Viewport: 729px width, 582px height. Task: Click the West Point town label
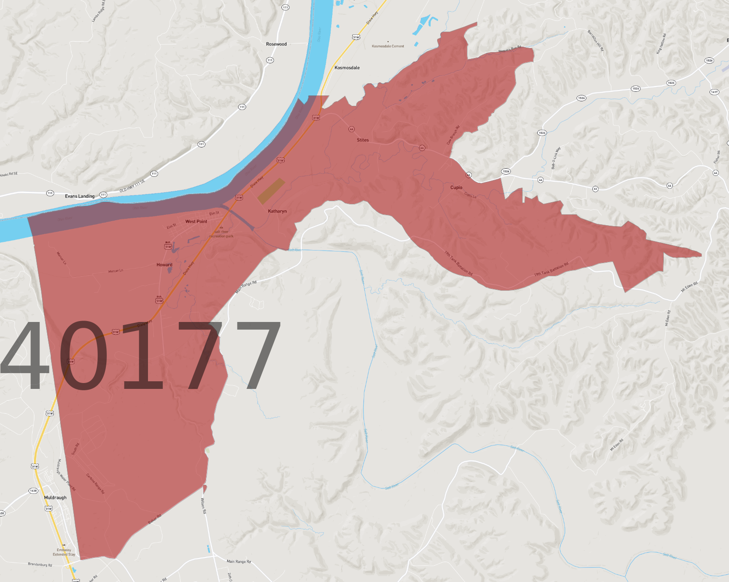196,222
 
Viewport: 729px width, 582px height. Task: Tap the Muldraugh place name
55,497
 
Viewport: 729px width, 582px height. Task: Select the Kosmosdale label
347,68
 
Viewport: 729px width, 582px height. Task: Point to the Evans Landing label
80,196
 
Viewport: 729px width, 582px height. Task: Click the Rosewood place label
276,44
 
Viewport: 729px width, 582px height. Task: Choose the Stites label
362,140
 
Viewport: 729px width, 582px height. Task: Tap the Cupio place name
456,188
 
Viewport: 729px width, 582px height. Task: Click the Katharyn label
277,211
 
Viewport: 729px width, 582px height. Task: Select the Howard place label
164,265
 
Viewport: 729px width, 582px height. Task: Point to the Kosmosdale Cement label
388,46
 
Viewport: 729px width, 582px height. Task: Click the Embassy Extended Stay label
64,552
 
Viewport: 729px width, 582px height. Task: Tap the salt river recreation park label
221,234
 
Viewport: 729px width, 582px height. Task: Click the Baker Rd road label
154,519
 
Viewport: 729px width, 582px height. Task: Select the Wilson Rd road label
203,506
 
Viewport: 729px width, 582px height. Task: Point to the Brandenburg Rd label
40,565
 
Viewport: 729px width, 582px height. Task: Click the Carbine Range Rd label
95,483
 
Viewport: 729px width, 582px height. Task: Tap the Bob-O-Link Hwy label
556,158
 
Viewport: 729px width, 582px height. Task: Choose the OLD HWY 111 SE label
132,186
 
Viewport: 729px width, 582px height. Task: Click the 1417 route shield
714,92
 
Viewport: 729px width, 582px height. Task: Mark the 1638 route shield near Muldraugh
33,491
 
